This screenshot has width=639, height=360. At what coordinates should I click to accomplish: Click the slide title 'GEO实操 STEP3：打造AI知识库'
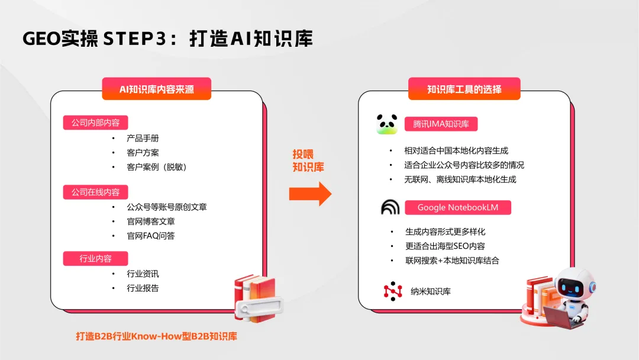[x=167, y=38]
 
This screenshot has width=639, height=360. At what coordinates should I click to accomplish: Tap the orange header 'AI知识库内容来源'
[x=157, y=89]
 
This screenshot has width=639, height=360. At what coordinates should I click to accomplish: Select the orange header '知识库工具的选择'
[x=464, y=89]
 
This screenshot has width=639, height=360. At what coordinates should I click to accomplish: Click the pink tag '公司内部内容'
[x=95, y=123]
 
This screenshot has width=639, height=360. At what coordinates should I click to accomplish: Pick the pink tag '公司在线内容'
[x=95, y=192]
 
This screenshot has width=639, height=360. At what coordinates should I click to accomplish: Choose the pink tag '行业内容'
[x=95, y=258]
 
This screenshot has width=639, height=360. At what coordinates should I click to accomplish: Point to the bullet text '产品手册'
[x=143, y=138]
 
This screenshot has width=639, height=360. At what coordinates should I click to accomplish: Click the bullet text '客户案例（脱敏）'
[x=157, y=167]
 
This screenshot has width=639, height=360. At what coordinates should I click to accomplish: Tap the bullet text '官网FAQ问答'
[x=150, y=236]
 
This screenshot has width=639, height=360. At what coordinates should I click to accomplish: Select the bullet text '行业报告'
[x=143, y=288]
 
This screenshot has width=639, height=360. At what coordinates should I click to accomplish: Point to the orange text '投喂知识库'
[x=308, y=160]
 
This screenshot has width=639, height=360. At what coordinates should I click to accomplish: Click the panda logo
[x=387, y=124]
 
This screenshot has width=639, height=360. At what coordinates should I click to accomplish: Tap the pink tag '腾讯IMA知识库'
[x=441, y=124]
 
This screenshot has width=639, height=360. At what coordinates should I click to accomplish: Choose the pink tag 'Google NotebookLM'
[x=458, y=207]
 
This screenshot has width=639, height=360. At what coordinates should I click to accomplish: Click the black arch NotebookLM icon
[x=390, y=207]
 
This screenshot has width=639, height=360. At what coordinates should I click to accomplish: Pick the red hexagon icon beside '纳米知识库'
[x=392, y=291]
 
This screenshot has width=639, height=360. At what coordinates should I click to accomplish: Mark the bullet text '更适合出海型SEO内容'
[x=445, y=246]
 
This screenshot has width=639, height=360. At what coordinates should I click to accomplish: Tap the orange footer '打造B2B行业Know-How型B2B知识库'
[x=157, y=336]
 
